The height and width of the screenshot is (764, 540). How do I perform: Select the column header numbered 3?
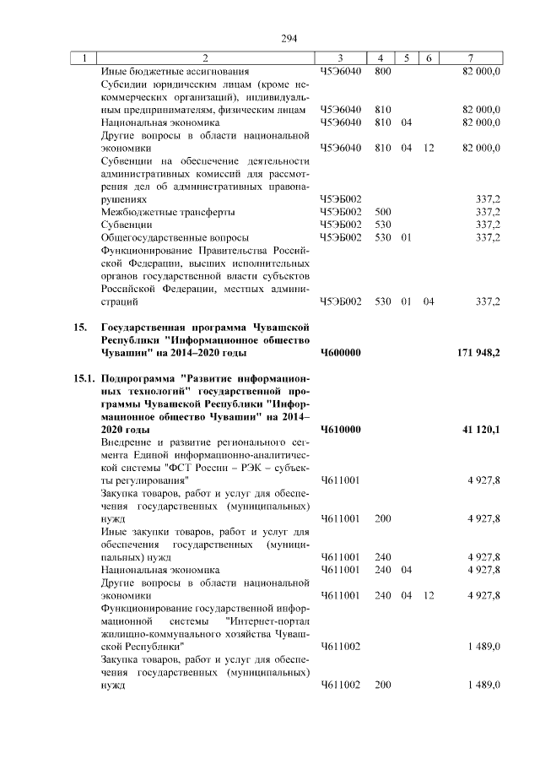click(x=339, y=58)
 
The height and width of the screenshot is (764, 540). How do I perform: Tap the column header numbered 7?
click(x=470, y=58)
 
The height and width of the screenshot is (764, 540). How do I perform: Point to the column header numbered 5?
click(x=406, y=58)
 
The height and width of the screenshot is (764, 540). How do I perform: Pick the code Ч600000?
click(x=341, y=352)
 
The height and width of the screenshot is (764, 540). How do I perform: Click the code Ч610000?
click(x=341, y=430)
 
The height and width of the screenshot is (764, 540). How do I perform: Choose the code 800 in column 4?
click(x=382, y=72)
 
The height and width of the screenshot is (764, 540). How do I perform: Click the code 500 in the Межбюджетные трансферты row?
click(x=382, y=212)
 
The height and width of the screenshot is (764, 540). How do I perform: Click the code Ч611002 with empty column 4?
click(x=341, y=646)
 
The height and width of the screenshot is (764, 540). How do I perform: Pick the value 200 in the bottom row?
click(x=382, y=685)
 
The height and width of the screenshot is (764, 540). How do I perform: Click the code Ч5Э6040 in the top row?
click(x=341, y=72)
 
